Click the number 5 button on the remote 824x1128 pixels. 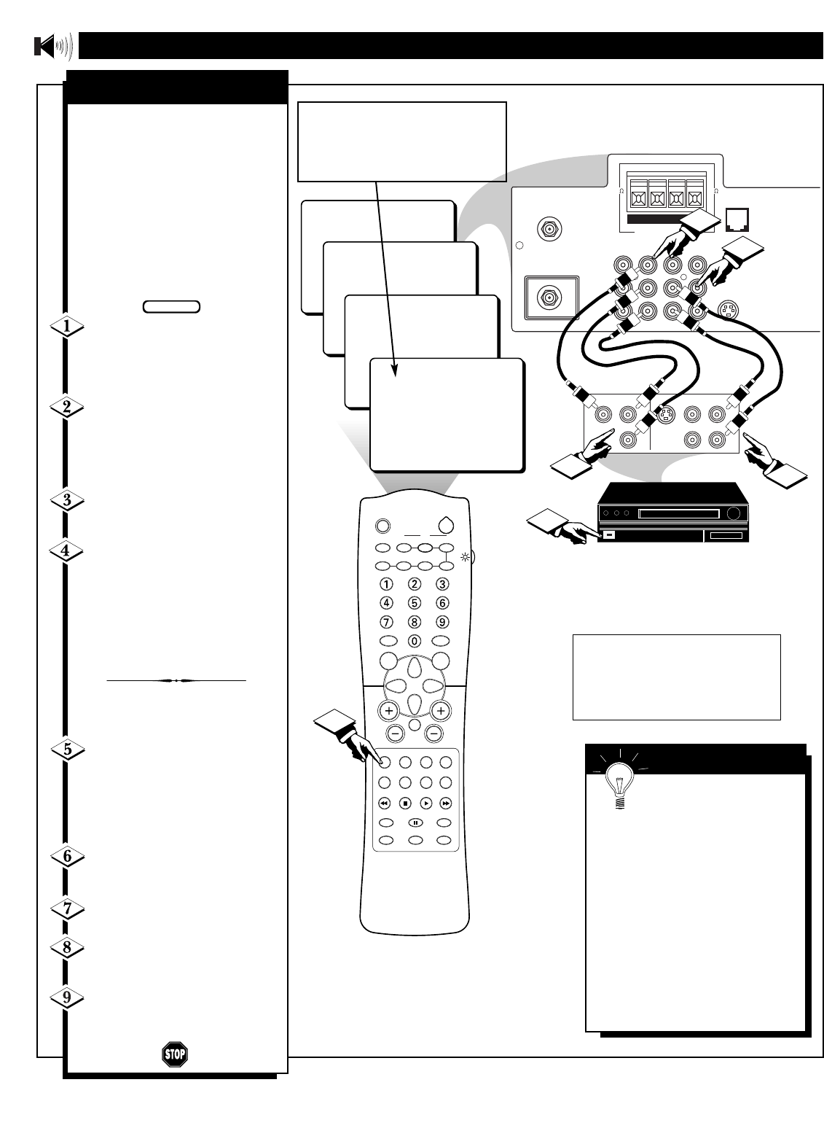tap(415, 602)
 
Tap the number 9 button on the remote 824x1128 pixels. tap(442, 621)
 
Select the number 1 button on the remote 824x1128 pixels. tap(387, 583)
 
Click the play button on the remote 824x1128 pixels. tap(426, 802)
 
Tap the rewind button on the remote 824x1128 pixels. tap(385, 802)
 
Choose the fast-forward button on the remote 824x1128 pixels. tap(447, 802)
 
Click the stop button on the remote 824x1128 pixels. tap(405, 802)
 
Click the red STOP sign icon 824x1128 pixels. tap(174, 1054)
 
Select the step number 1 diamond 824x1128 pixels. tap(66, 327)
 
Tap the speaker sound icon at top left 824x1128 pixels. tap(53, 47)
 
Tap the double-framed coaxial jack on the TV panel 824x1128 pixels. tap(548, 297)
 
